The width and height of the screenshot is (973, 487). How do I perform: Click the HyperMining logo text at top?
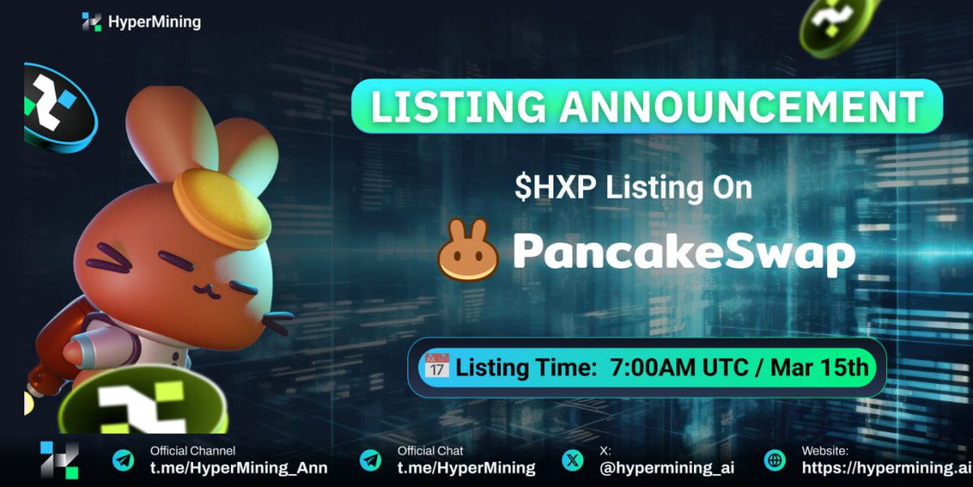[154, 22]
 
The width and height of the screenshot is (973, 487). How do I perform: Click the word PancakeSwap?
[684, 252]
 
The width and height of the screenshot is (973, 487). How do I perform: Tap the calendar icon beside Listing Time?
[436, 367]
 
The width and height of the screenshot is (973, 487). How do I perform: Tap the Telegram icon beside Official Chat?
[371, 460]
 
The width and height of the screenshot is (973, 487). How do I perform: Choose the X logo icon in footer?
[572, 460]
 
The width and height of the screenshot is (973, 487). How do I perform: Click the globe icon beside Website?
[776, 460]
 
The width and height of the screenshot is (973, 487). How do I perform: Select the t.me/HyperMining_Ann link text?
[238, 468]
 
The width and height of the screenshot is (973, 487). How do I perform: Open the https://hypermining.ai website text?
[886, 468]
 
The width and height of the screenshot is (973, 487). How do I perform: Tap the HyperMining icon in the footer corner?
[59, 460]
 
